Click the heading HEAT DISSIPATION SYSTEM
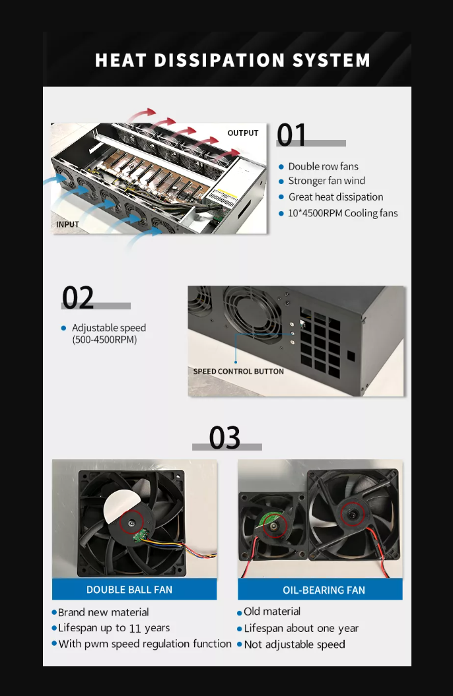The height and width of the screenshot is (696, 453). tap(232, 60)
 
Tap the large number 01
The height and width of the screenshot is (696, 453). tap(291, 135)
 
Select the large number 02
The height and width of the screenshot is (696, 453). tap(78, 298)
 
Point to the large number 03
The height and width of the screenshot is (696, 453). tap(225, 437)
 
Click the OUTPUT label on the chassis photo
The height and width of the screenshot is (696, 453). tap(243, 133)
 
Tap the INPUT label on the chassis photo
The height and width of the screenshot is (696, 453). tap(67, 224)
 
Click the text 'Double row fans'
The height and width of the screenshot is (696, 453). tap(324, 166)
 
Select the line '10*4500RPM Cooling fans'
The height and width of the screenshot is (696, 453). tap(343, 213)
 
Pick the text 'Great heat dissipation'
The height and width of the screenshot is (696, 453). tap(335, 197)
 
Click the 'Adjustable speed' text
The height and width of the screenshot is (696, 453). tap(109, 328)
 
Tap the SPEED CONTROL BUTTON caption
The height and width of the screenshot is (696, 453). tap(238, 371)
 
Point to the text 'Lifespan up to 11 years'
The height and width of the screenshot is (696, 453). tap(114, 628)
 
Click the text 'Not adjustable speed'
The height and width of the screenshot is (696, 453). tap(295, 645)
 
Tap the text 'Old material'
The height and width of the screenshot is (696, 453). tap(272, 612)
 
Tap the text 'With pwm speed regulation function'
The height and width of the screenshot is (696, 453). tap(145, 644)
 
